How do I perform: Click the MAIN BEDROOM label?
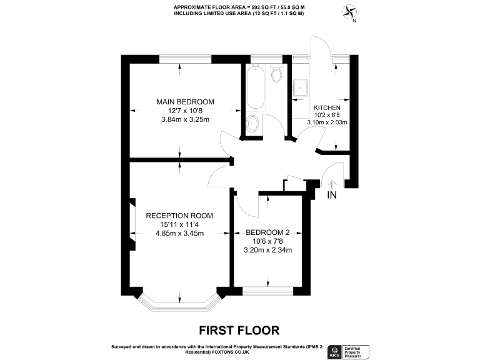pos(185,102)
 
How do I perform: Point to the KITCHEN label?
pos(327,107)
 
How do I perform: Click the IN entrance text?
pos(332,196)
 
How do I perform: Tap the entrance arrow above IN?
pos(332,184)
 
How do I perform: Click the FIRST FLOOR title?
pos(239,329)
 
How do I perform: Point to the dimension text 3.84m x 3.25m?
pos(185,119)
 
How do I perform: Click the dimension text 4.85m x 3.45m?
pos(180,233)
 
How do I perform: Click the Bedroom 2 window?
pos(268,290)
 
